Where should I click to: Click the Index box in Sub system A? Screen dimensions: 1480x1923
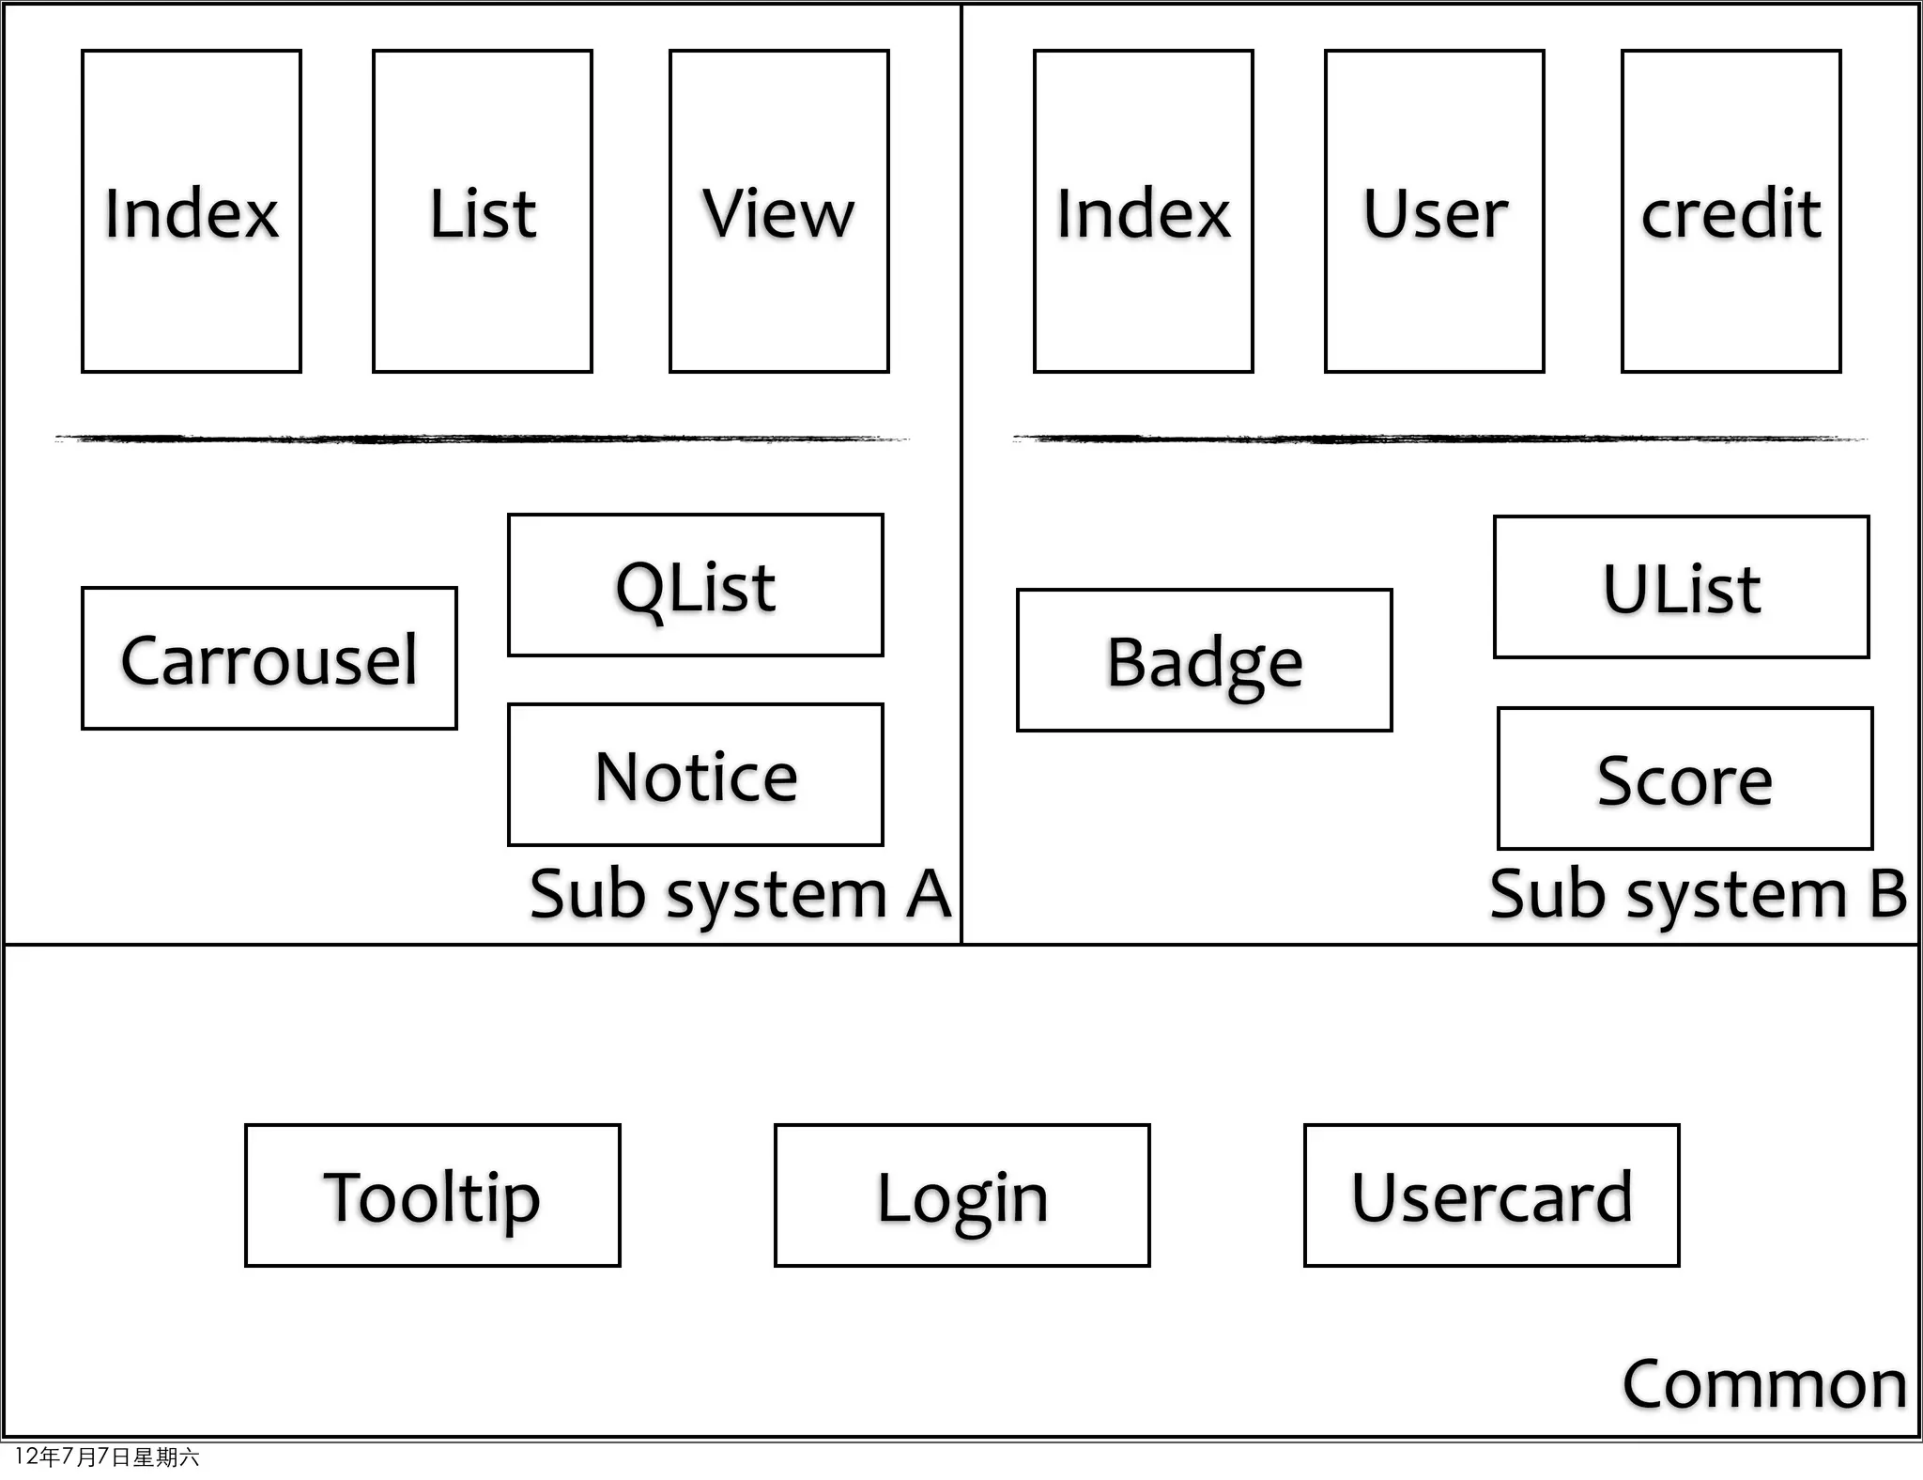[192, 212]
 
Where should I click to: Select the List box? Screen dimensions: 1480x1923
[483, 212]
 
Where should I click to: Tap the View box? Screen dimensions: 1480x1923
[778, 212]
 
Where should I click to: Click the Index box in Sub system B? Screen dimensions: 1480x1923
[1143, 212]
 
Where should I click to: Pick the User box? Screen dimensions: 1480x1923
[1434, 212]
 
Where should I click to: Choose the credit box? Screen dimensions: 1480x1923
[1731, 212]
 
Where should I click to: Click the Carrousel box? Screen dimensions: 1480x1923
[269, 658]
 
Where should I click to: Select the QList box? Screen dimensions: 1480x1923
[696, 585]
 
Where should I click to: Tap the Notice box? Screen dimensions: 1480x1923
[696, 775]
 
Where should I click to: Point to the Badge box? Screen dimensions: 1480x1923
[1204, 660]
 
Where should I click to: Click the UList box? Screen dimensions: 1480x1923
[1681, 587]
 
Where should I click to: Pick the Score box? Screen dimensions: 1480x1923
[1685, 779]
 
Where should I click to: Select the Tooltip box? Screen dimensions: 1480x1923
[432, 1195]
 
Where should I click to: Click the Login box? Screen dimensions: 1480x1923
[961, 1195]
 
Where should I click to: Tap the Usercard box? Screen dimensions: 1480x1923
[1491, 1195]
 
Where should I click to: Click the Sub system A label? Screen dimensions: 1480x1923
[740, 894]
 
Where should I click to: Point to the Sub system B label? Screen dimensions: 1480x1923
[1698, 894]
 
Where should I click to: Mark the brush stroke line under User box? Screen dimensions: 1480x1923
[1438, 439]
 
